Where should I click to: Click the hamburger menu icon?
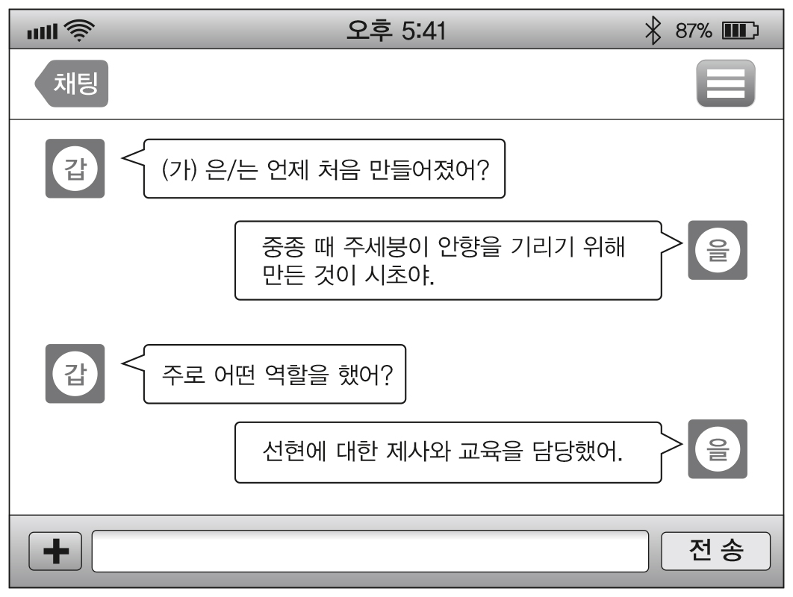pos(725,84)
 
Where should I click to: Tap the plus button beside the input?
pos(55,551)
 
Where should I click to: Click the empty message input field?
pos(370,551)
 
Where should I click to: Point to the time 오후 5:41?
pos(396,31)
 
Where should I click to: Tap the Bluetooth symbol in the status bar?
pos(655,32)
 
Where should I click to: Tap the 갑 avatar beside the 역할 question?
pos(75,373)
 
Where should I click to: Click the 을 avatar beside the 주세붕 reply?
pos(717,249)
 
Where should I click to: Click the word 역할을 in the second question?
pos(296,373)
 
